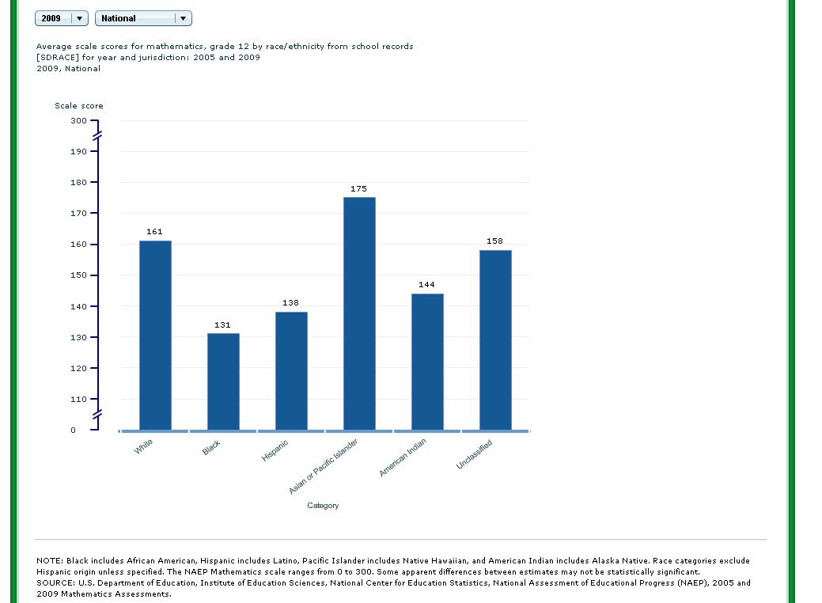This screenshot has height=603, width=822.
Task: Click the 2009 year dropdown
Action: click(x=62, y=18)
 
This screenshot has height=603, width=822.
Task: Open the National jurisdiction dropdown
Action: click(x=143, y=18)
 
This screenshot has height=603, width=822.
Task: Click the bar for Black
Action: click(x=223, y=381)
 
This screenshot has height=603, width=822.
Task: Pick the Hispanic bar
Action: click(x=291, y=370)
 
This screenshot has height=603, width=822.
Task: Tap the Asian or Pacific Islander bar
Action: click(x=359, y=313)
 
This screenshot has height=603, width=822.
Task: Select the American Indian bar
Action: click(x=427, y=362)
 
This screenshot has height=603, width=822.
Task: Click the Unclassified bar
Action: click(x=495, y=339)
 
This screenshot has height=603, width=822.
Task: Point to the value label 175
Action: click(x=358, y=189)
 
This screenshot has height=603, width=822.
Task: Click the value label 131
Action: click(x=222, y=325)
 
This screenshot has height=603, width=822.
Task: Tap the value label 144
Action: click(x=426, y=285)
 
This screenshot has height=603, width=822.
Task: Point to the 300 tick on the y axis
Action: click(x=78, y=121)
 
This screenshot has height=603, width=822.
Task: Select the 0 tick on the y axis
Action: click(x=74, y=430)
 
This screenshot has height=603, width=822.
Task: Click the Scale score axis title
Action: click(x=79, y=106)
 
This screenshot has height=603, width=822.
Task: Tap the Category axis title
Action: click(x=323, y=506)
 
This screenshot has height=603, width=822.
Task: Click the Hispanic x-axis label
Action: click(x=275, y=451)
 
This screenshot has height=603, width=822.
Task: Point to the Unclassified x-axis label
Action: click(x=474, y=454)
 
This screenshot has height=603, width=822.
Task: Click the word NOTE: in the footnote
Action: click(x=50, y=561)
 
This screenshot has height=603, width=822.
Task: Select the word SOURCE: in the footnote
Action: click(x=56, y=583)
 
